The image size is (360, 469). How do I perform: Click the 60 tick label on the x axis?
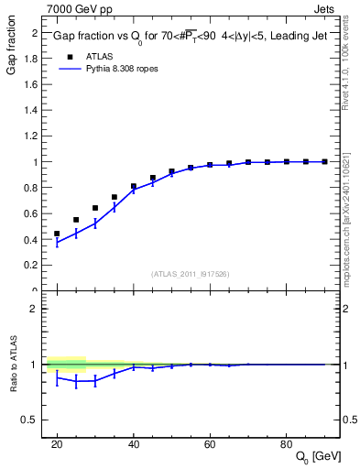pos(210,444)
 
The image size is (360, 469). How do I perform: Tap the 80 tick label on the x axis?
pos(286,444)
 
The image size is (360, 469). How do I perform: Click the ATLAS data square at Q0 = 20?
pos(57,234)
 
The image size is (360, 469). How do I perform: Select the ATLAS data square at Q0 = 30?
pos(95,208)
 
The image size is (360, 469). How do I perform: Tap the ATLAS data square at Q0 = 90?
pos(324,161)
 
